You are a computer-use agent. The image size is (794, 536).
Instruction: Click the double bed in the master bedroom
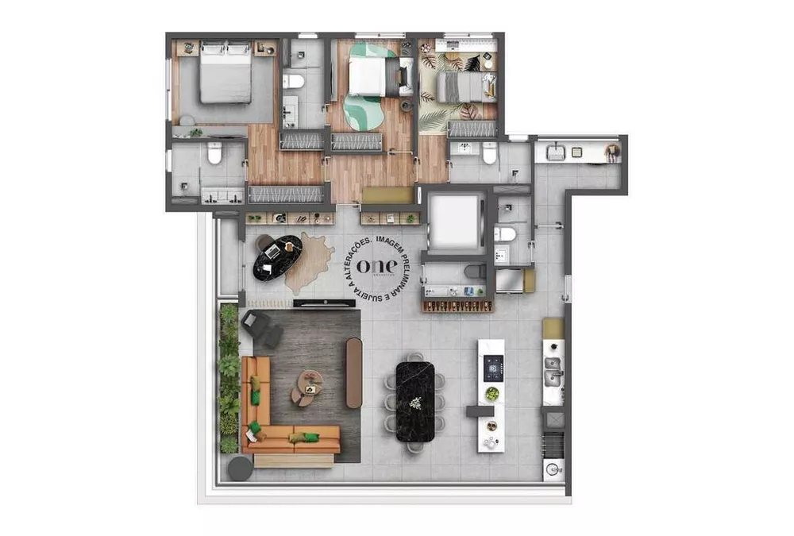pos(225,74)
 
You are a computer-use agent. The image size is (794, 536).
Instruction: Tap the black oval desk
pos(277,256)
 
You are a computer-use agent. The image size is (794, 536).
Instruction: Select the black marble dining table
pos(415,401)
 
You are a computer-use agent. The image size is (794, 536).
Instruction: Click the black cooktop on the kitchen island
pos(493,367)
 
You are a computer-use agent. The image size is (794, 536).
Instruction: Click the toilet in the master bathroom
pos(214,154)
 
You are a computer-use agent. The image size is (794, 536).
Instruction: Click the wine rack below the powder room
pos(457,304)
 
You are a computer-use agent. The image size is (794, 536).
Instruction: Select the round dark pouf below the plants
pos(240,469)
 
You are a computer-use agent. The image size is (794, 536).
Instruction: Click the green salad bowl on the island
pos(492,394)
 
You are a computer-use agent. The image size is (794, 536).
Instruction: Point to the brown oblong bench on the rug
pos(354,372)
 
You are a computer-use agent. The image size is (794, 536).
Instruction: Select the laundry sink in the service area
pos(556,152)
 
